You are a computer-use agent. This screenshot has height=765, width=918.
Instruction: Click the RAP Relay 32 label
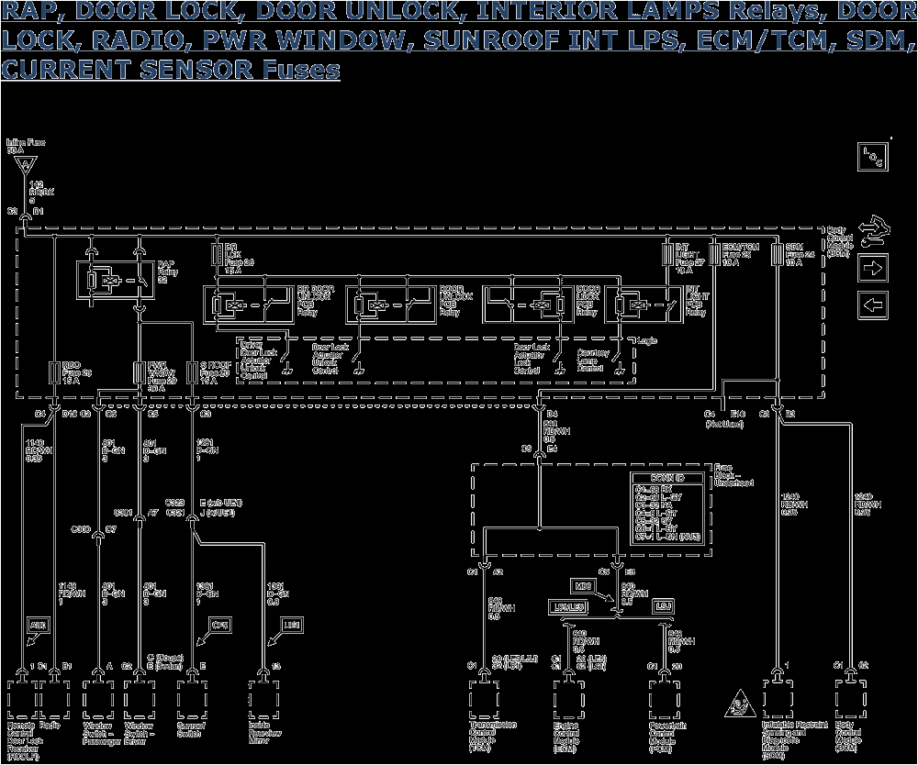click(165, 271)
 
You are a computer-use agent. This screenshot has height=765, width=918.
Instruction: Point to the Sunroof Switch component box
click(192, 701)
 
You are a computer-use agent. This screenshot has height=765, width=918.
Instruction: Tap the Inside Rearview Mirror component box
click(265, 701)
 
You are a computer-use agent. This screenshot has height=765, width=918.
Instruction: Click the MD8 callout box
click(580, 583)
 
